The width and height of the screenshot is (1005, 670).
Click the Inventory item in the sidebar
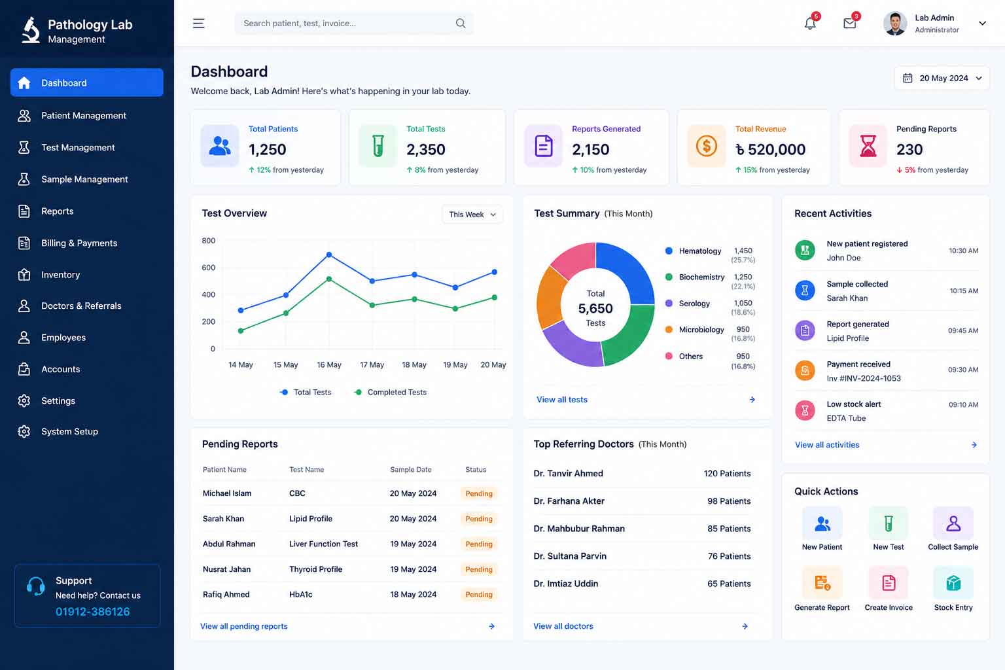click(x=60, y=275)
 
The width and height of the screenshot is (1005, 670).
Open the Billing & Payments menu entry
click(x=79, y=243)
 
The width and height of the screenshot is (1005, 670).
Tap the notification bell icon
click(x=810, y=23)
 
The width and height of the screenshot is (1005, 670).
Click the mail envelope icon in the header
click(x=850, y=23)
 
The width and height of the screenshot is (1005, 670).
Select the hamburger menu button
click(x=199, y=23)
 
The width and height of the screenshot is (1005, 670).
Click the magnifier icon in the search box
click(x=461, y=23)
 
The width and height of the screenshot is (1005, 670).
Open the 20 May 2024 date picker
click(x=942, y=78)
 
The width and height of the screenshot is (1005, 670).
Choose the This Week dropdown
click(x=472, y=215)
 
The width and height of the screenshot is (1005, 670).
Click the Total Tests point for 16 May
click(x=329, y=255)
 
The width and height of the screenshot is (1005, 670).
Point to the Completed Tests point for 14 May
click(x=241, y=330)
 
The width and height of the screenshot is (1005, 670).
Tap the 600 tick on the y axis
click(x=209, y=268)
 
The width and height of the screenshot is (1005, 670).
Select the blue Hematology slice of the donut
click(x=629, y=270)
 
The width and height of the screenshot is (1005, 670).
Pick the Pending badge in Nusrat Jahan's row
click(x=479, y=569)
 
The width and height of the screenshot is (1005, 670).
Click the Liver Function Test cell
click(x=323, y=544)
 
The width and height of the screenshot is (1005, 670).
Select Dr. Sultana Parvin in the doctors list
click(x=570, y=556)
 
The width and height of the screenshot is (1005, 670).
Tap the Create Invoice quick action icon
click(x=889, y=582)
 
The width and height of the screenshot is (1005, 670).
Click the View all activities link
click(x=827, y=445)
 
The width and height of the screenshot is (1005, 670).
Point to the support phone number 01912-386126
click(x=92, y=612)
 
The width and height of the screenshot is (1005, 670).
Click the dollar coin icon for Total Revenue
click(x=706, y=146)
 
